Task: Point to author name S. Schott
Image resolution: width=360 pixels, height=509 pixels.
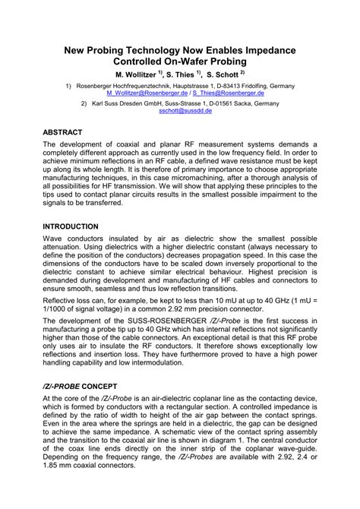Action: click(219, 75)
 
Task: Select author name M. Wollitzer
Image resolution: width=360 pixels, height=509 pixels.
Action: click(135, 75)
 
